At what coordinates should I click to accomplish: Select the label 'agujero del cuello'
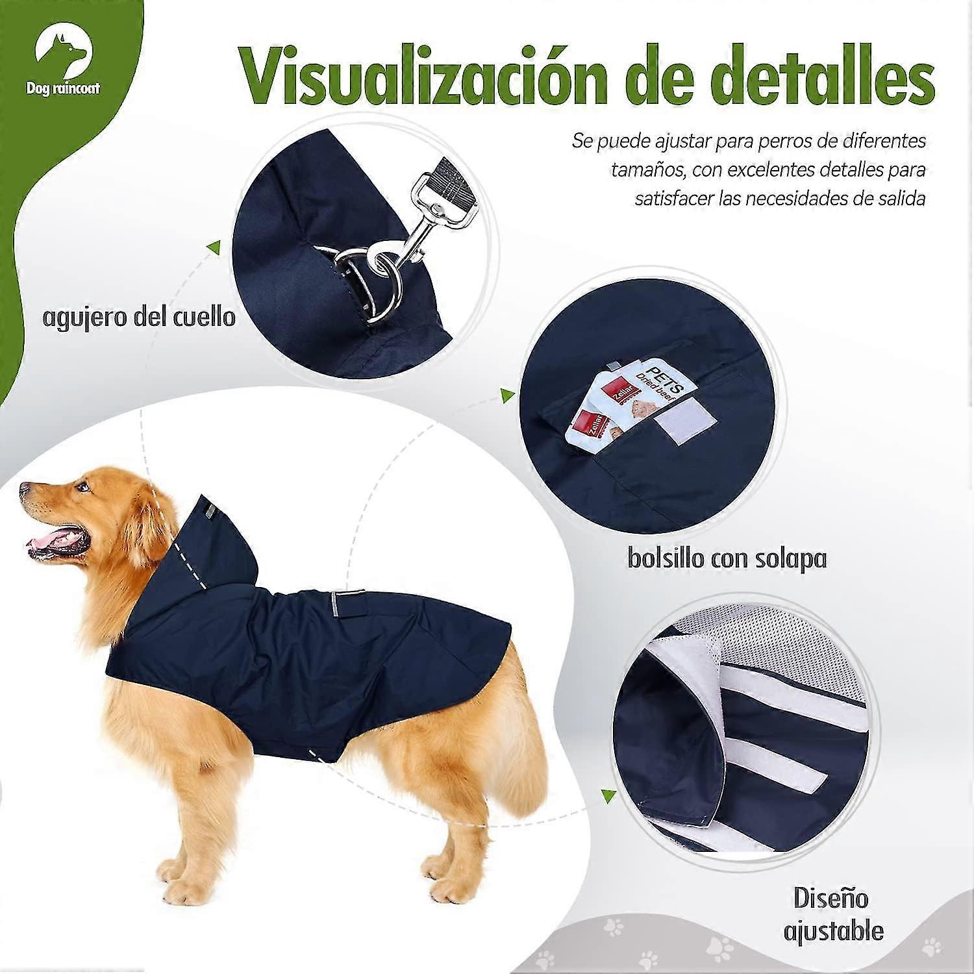tap(139, 318)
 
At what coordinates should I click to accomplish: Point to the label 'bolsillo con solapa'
tap(727, 558)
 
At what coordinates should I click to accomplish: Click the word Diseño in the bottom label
tap(831, 899)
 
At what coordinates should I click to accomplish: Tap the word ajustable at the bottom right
tap(833, 931)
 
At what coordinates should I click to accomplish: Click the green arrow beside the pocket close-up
tap(507, 397)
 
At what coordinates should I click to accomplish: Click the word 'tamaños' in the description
tap(642, 170)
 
